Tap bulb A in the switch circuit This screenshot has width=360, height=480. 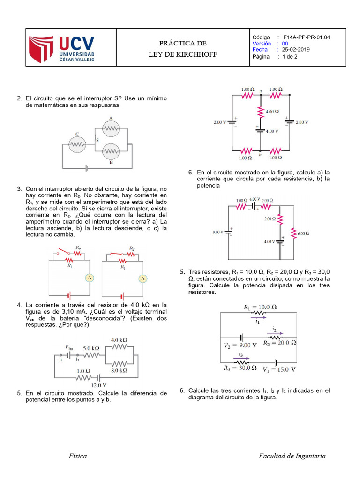pyautogui.click(x=111, y=127)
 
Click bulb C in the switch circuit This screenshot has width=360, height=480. pyautogui.click(x=77, y=144)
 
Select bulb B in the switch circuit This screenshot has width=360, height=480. pyautogui.click(x=111, y=151)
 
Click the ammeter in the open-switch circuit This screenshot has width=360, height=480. pyautogui.click(x=89, y=278)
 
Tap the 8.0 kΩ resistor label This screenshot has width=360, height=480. pyautogui.click(x=120, y=370)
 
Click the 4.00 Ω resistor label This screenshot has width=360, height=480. pyautogui.click(x=272, y=112)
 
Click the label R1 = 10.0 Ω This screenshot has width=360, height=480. pyautogui.click(x=260, y=307)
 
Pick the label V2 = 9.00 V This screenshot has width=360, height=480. pyautogui.click(x=240, y=345)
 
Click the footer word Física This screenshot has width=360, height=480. pyautogui.click(x=77, y=456)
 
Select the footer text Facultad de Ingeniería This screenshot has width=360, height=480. pyautogui.click(x=292, y=456)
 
